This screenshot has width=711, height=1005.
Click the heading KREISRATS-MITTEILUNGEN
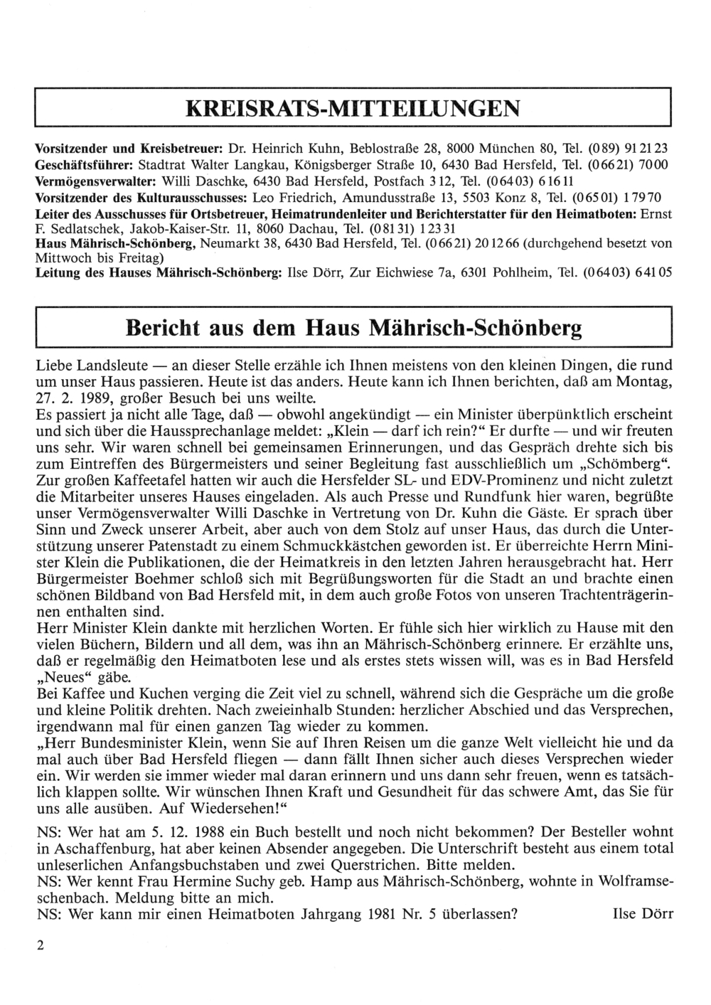353,108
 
